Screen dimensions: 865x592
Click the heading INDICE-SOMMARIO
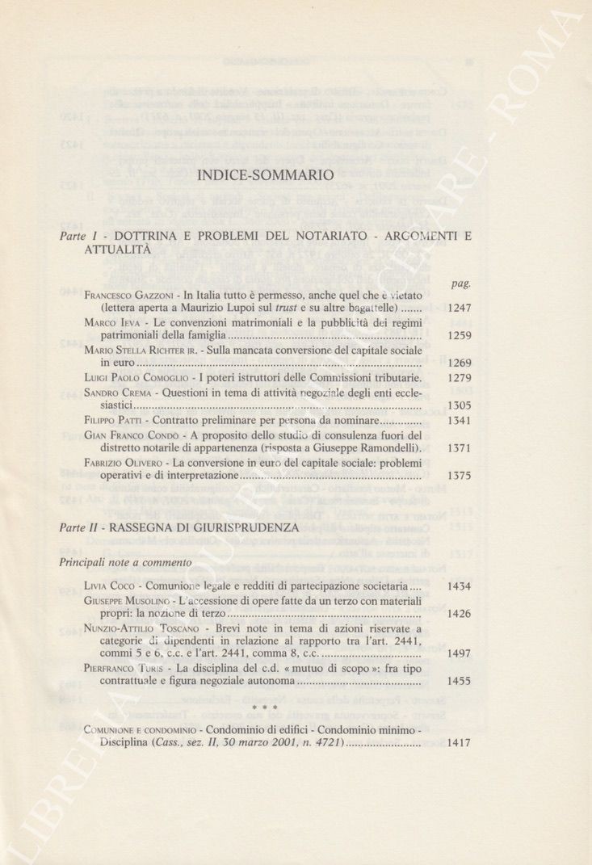coord(265,174)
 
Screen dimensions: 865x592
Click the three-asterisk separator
coord(265,709)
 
